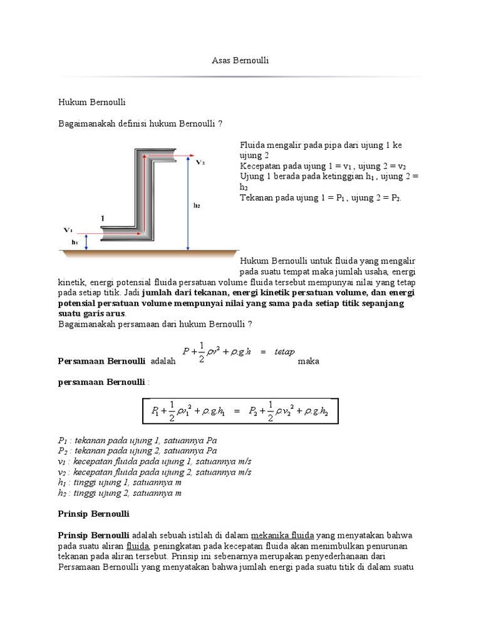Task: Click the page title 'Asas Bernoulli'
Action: (x=240, y=60)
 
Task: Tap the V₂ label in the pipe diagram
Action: (x=200, y=162)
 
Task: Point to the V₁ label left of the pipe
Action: (x=68, y=230)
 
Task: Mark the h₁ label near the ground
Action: (x=75, y=242)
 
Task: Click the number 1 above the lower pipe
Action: (x=102, y=218)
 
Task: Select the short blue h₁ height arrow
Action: (x=86, y=242)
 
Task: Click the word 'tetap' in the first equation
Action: (x=284, y=352)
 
